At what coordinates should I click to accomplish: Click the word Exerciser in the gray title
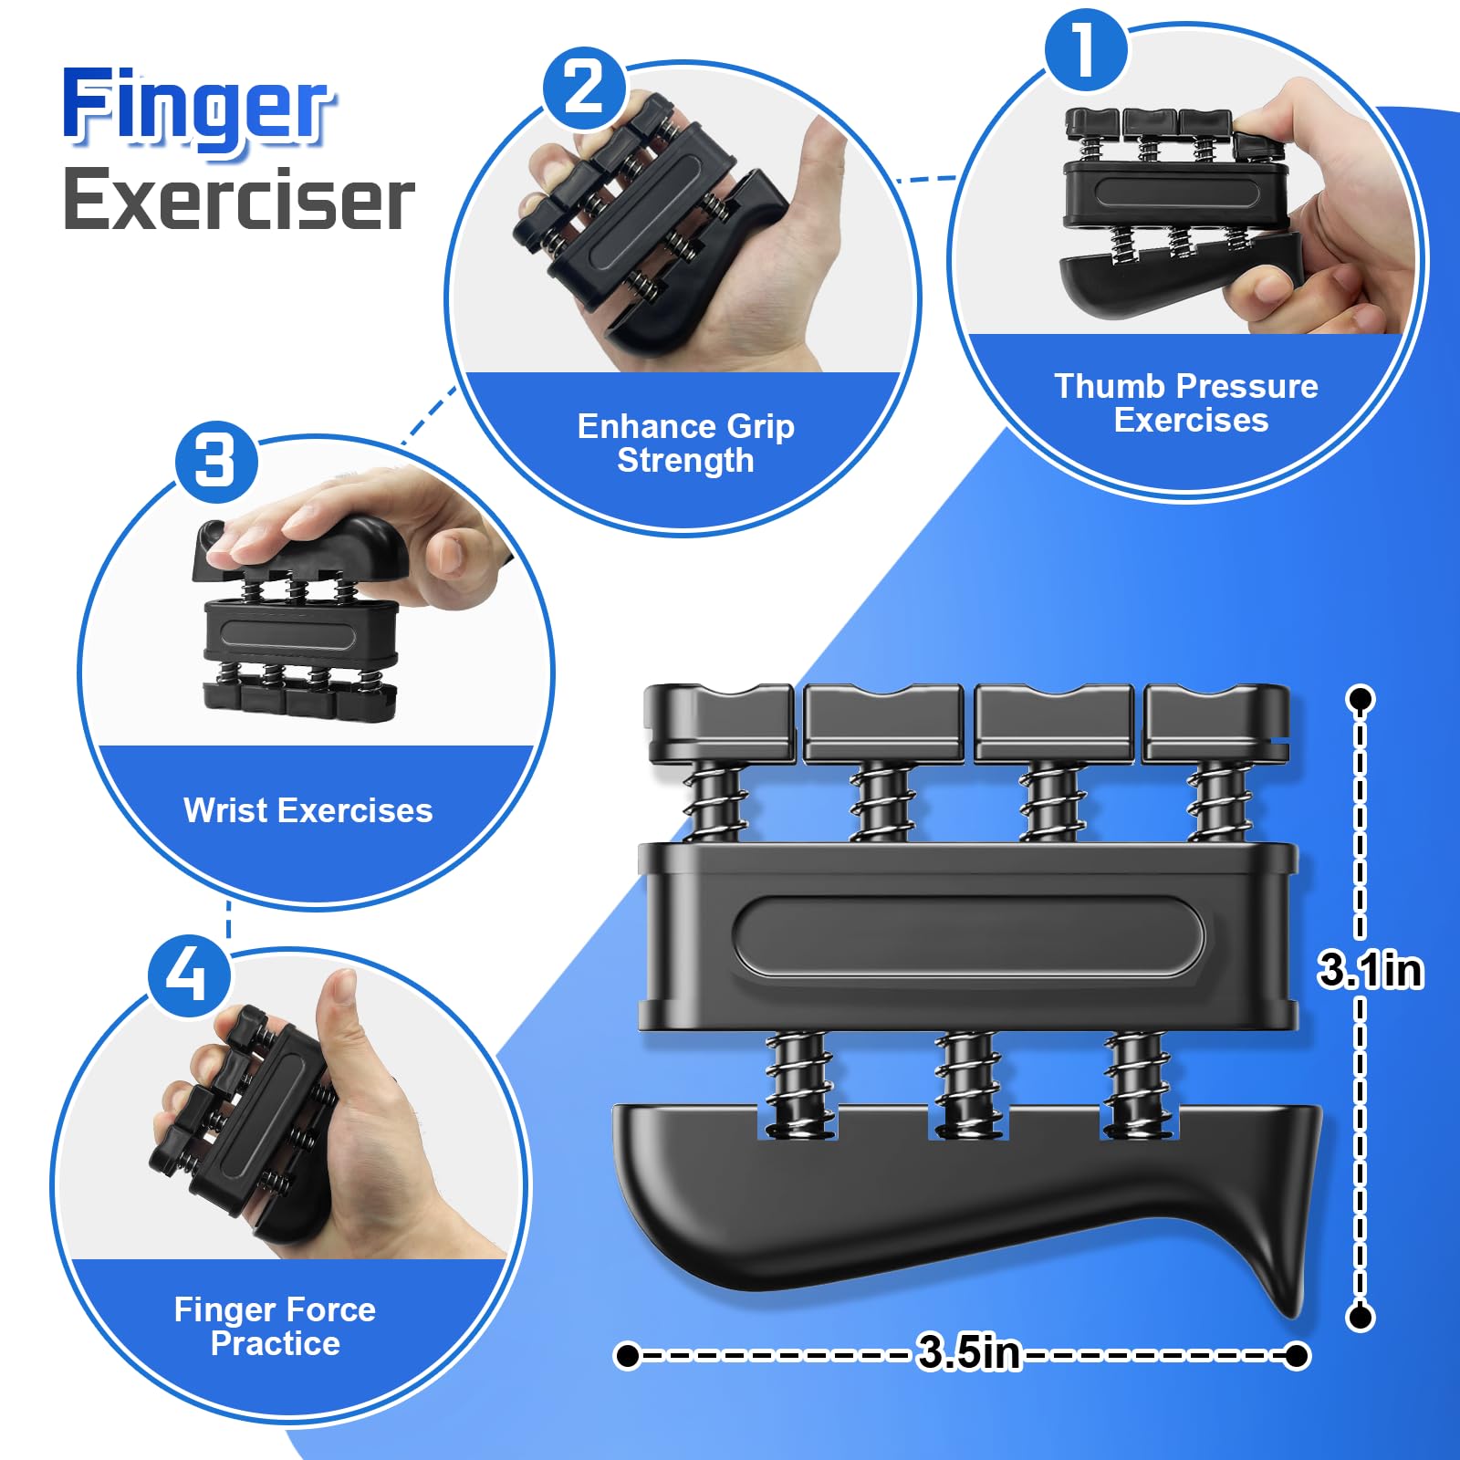pyautogui.click(x=239, y=199)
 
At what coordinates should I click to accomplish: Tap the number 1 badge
pyautogui.click(x=1085, y=49)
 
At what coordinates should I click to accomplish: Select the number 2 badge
pyautogui.click(x=584, y=89)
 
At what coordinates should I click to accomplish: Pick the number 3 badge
pyautogui.click(x=215, y=461)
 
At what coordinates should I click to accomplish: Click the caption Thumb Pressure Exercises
pyautogui.click(x=1187, y=402)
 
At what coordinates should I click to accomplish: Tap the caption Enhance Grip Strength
pyautogui.click(x=686, y=443)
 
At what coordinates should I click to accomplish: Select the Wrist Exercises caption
pyautogui.click(x=308, y=809)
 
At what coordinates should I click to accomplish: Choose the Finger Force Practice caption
pyautogui.click(x=276, y=1326)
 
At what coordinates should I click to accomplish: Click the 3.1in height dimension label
pyautogui.click(x=1371, y=969)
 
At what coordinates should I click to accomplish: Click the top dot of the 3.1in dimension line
pyautogui.click(x=1361, y=700)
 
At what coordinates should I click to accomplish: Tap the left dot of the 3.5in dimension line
pyautogui.click(x=628, y=1355)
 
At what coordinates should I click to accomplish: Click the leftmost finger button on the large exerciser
pyautogui.click(x=718, y=723)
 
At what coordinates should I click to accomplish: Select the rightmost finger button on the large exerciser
pyautogui.click(x=1216, y=723)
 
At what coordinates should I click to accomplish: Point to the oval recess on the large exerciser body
pyautogui.click(x=968, y=937)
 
